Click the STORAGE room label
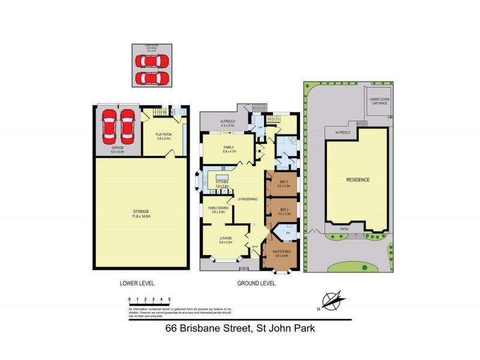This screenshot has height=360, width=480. (141, 211)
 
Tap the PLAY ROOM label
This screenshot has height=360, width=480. (163, 134)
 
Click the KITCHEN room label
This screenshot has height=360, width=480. (222, 182)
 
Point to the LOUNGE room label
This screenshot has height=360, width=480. (226, 238)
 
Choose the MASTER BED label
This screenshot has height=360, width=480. (281, 251)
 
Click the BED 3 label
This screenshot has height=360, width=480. (284, 181)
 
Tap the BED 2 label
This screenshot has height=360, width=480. (284, 209)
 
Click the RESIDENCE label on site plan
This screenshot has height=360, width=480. (357, 180)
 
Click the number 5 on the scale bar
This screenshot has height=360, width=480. (170, 298)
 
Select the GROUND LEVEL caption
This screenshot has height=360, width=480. (256, 283)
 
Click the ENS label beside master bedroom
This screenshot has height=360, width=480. (288, 233)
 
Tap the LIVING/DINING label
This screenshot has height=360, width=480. (248, 199)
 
